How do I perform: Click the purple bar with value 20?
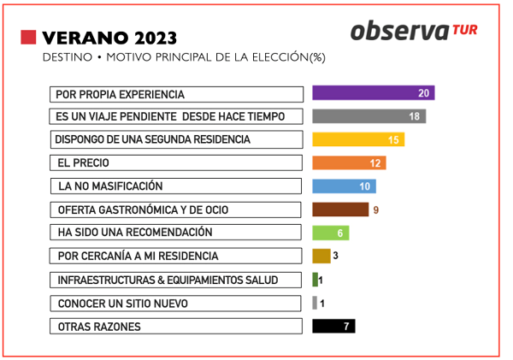click(373, 93)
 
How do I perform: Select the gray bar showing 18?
click(369, 116)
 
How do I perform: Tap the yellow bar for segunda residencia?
click(358, 139)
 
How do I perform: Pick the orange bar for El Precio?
click(349, 162)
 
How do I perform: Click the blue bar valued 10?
click(344, 186)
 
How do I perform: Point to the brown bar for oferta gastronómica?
click(339, 210)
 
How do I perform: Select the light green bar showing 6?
click(330, 233)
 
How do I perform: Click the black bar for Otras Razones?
click(333, 326)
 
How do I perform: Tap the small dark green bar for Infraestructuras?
click(315, 280)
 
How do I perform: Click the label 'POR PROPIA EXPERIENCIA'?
click(120, 94)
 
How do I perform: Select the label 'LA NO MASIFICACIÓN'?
click(110, 186)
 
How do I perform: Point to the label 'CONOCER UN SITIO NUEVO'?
click(122, 304)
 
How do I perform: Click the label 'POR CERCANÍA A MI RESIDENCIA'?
click(138, 256)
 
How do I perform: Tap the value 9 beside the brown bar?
click(376, 210)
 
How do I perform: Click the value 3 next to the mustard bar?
click(337, 256)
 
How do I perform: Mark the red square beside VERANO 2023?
click(28, 37)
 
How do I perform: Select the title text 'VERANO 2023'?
click(109, 38)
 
